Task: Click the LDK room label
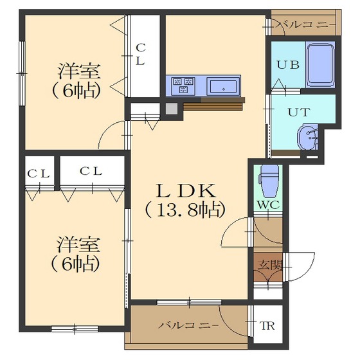click(x=186, y=190)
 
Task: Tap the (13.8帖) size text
click(x=185, y=210)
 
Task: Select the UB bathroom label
click(x=288, y=64)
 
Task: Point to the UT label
click(x=299, y=113)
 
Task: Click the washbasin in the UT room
click(x=308, y=138)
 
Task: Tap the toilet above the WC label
click(x=269, y=181)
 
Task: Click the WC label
click(x=268, y=205)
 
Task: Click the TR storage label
click(x=267, y=325)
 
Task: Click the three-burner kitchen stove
click(x=183, y=85)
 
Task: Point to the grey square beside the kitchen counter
click(x=172, y=109)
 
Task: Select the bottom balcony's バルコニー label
click(x=188, y=325)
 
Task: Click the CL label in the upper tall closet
click(x=140, y=55)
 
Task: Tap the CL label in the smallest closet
click(x=39, y=174)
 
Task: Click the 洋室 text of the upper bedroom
click(x=78, y=71)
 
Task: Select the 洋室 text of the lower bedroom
click(x=78, y=245)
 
